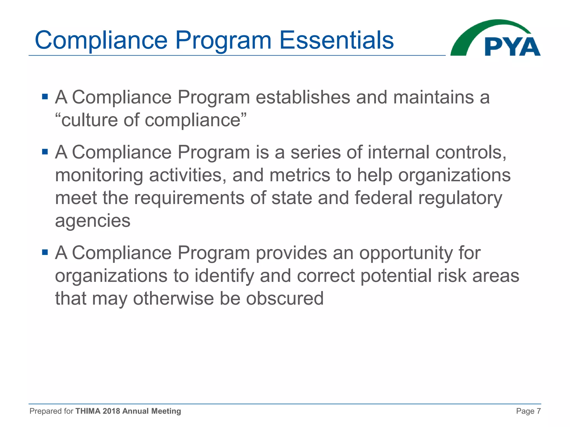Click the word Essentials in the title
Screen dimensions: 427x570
pyautogui.click(x=336, y=40)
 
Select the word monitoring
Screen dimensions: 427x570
pyautogui.click(x=99, y=176)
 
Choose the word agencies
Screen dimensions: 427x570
pyautogui.click(x=93, y=221)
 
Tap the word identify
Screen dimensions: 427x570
pyautogui.click(x=224, y=276)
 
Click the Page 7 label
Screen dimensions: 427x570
pyautogui.click(x=528, y=411)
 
